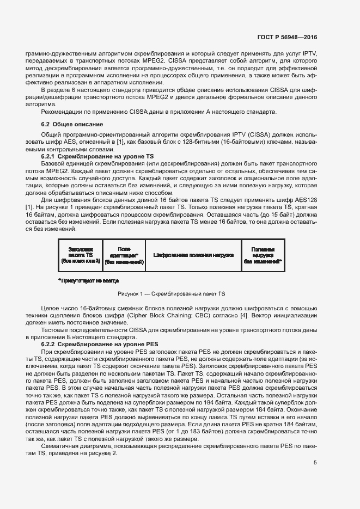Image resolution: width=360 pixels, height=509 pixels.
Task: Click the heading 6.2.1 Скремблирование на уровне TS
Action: coord(87,156)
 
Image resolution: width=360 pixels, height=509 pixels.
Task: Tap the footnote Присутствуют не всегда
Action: coord(88,280)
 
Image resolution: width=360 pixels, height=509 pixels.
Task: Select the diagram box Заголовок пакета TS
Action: coord(81,255)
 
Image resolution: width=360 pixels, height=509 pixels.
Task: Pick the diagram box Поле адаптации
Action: coord(124,255)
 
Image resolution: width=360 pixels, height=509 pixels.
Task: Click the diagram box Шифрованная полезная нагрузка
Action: coord(193,255)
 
